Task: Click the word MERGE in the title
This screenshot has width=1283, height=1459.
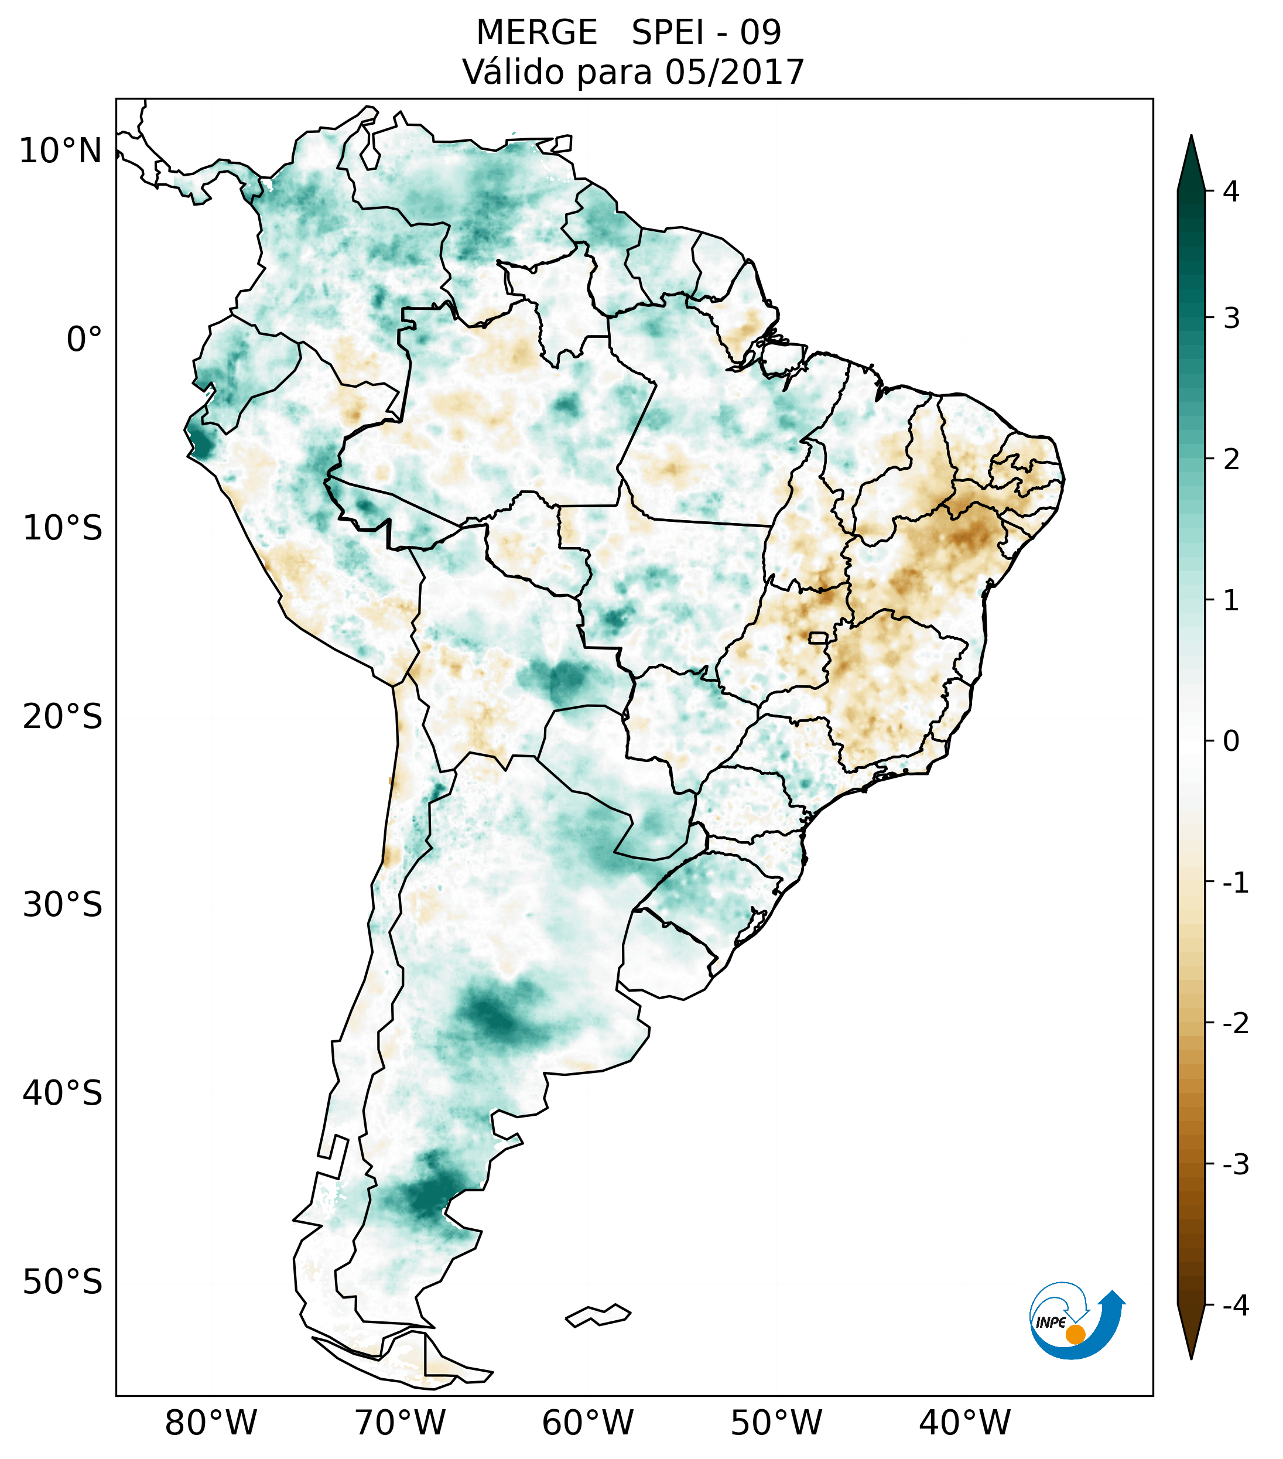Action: (x=536, y=33)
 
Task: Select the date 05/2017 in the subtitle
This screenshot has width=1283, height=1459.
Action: (x=735, y=72)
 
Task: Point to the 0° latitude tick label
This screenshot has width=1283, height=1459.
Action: (x=84, y=340)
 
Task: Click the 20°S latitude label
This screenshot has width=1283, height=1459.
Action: (x=63, y=717)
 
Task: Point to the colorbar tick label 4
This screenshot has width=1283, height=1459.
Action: (x=1231, y=192)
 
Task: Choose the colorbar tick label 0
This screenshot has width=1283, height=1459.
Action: (x=1231, y=742)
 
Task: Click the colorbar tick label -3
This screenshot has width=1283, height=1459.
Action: (x=1235, y=1164)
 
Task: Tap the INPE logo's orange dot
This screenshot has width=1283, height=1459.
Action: (x=1075, y=1334)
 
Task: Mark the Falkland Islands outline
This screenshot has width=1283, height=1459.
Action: (x=598, y=1315)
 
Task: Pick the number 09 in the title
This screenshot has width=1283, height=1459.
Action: (x=760, y=33)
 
